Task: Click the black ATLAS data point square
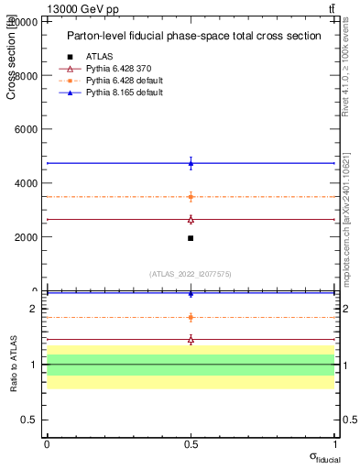191,238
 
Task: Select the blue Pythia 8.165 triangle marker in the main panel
191,163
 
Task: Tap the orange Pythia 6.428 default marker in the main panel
191,197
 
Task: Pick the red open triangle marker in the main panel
191,219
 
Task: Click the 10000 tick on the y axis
27,22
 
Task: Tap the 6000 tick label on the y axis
27,129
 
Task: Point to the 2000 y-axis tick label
27,237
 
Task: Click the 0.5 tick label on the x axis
191,444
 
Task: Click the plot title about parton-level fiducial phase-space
194,36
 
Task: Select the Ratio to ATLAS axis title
13,364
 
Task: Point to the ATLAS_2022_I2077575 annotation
191,273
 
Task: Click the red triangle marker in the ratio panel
191,339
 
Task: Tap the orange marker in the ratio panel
191,317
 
